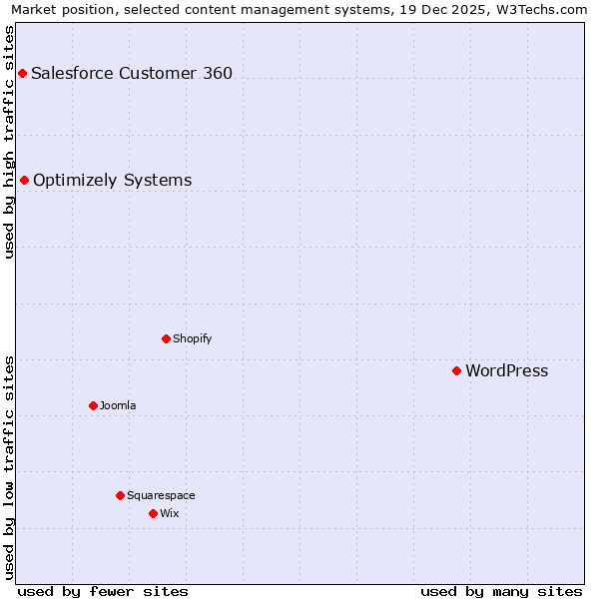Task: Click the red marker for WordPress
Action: (x=456, y=370)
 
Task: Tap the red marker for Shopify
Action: (x=166, y=338)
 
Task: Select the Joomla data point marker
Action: (x=93, y=405)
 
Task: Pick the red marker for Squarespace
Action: (x=120, y=495)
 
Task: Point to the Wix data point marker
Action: (x=153, y=513)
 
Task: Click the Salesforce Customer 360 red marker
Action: (x=22, y=73)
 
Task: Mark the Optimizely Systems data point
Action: (x=24, y=180)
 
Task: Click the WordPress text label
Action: (x=506, y=371)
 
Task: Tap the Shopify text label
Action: (x=192, y=338)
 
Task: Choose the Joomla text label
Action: (x=118, y=405)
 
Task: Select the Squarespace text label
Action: (x=161, y=495)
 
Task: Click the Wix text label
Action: (x=170, y=513)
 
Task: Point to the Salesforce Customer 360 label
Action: (x=132, y=73)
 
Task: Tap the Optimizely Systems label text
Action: (x=112, y=181)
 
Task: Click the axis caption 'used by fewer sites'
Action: (x=103, y=591)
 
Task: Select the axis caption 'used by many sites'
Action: (x=501, y=591)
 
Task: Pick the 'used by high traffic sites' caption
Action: (x=10, y=142)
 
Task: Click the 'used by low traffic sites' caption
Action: (x=10, y=467)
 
